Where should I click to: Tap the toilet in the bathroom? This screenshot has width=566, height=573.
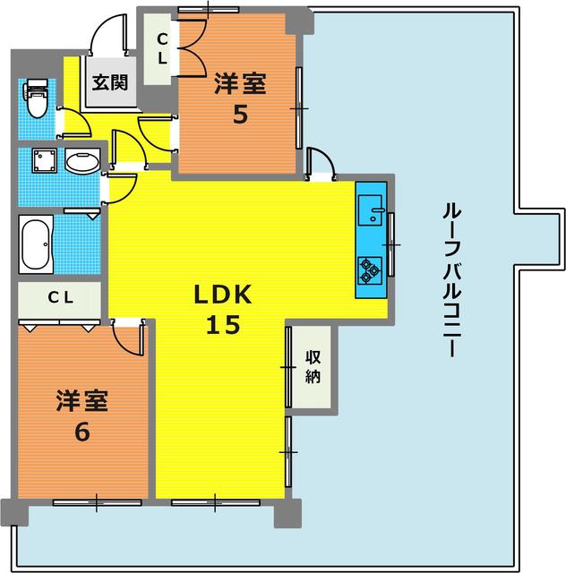coord(37,98)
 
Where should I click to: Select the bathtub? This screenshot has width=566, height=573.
coord(35,244)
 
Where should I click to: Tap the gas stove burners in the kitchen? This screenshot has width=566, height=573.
coord(371,266)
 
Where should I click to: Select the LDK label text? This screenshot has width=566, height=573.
coord(225,295)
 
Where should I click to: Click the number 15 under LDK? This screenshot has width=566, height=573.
coord(225,326)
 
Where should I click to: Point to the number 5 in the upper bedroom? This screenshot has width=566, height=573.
coord(240,114)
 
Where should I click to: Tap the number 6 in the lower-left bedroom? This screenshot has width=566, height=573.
coord(81,431)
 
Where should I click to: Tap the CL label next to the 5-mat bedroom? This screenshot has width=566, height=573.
coord(162,48)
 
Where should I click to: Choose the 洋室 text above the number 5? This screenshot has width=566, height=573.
coord(240,84)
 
